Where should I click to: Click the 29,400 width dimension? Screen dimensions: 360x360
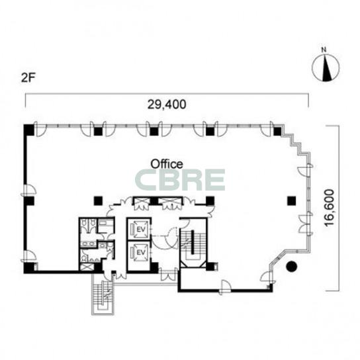(167, 105)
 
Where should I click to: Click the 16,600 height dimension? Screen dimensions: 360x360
(329, 208)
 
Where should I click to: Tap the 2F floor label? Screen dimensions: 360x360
(28, 78)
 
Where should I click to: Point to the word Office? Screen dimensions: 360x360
(167, 164)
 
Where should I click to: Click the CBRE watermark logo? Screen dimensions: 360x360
(180, 180)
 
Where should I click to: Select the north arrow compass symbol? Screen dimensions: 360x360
(326, 68)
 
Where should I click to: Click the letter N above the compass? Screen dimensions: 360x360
(324, 50)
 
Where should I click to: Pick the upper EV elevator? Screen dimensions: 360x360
(139, 229)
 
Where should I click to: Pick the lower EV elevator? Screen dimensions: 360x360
(139, 252)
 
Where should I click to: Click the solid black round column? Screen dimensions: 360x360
(292, 267)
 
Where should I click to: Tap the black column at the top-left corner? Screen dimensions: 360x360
(29, 130)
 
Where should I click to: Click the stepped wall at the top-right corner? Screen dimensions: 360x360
(296, 140)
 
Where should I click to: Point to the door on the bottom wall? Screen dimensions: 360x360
(225, 287)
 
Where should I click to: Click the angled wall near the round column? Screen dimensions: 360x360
(278, 259)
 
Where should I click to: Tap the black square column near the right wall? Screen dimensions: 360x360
(292, 201)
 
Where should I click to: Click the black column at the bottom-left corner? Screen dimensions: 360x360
(29, 268)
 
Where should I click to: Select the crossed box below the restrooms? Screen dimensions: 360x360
(86, 267)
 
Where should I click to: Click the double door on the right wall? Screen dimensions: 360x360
(305, 224)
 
